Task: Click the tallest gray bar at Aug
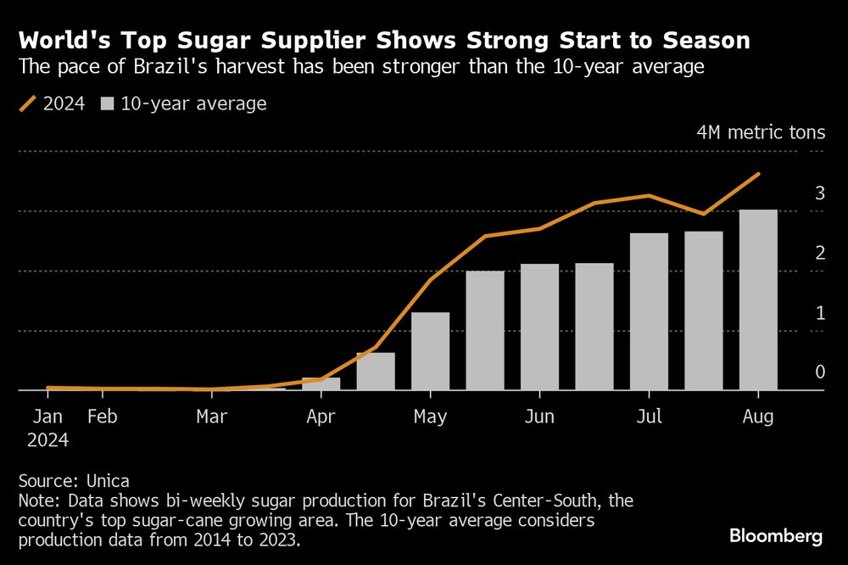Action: pyautogui.click(x=757, y=300)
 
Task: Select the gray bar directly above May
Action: pyautogui.click(x=430, y=351)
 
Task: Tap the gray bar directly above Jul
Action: pyautogui.click(x=649, y=311)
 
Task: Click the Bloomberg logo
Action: pyautogui.click(x=775, y=536)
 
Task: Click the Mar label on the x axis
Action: pyautogui.click(x=211, y=417)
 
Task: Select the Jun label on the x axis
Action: pyautogui.click(x=539, y=417)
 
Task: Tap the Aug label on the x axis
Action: pyautogui.click(x=757, y=417)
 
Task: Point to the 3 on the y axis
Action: pyautogui.click(x=820, y=193)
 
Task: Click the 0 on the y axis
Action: pyautogui.click(x=820, y=372)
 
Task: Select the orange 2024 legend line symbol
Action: pyautogui.click(x=29, y=104)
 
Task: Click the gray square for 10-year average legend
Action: pyautogui.click(x=107, y=104)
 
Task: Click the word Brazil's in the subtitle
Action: pyautogui.click(x=167, y=67)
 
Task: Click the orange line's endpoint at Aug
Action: pyautogui.click(x=758, y=174)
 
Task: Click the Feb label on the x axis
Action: pyautogui.click(x=102, y=417)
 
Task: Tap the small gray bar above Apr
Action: pyautogui.click(x=321, y=383)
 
